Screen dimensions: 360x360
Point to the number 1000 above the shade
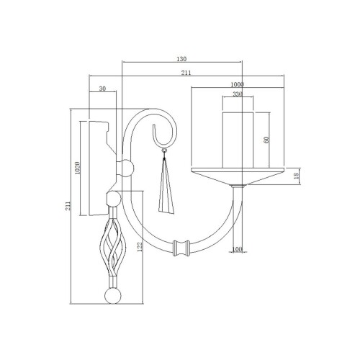point(238,84)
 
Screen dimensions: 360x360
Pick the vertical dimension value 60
point(266,139)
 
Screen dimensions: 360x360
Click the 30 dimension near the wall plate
point(102,89)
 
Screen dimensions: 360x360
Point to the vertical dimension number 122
point(140,247)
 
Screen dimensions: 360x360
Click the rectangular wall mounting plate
point(96,169)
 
